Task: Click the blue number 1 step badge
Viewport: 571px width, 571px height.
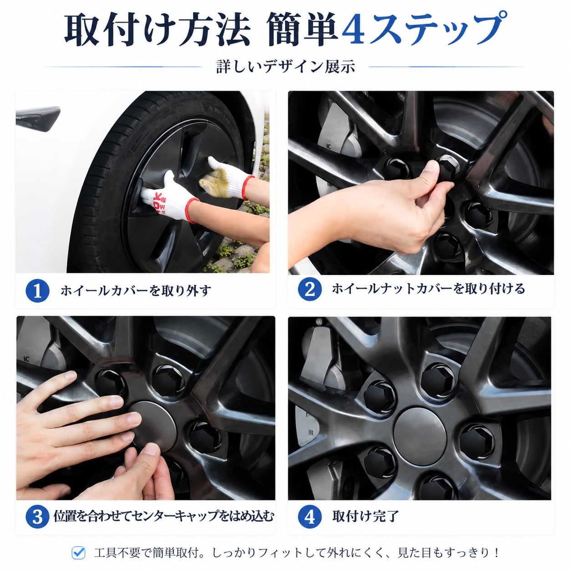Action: point(37,291)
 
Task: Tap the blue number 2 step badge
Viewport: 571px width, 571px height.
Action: point(310,289)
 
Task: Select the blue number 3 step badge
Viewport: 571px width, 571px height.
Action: point(37,516)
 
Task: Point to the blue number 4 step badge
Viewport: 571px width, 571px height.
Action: point(310,516)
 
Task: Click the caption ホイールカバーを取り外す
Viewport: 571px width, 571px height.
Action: point(136,291)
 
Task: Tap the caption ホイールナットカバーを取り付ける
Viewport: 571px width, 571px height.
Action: point(428,289)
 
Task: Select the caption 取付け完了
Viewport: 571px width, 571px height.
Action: point(366,516)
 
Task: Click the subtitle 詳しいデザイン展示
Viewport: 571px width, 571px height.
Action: point(285,66)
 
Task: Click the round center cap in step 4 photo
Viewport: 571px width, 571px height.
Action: point(420,433)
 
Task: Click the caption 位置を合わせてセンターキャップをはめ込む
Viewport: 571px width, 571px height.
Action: point(163,516)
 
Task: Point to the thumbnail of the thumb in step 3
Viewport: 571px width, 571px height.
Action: point(152,449)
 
